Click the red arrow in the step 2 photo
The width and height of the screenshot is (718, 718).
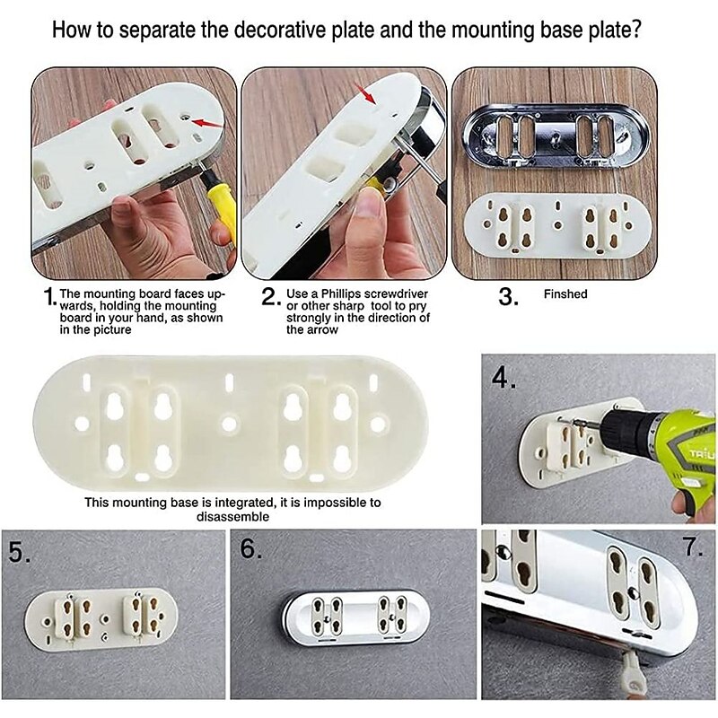[x=365, y=93]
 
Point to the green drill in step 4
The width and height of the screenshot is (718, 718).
[x=659, y=452]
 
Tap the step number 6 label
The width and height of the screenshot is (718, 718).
[x=251, y=547]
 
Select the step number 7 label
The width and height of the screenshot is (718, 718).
[x=693, y=547]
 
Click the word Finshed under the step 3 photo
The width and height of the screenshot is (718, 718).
[x=565, y=294]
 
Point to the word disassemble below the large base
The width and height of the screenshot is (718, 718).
[x=232, y=517]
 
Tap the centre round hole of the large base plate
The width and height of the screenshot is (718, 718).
[x=229, y=424]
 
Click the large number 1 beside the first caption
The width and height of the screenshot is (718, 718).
[x=50, y=297]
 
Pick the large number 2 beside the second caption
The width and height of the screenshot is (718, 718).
[x=270, y=297]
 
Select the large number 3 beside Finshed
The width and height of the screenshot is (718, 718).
[x=508, y=297]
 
